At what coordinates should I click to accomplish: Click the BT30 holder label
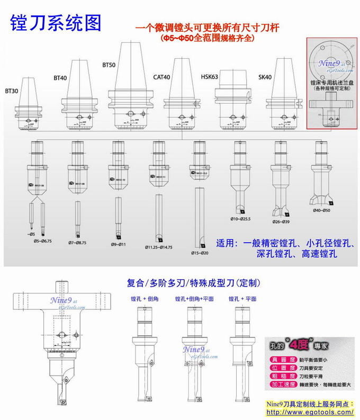click(12, 91)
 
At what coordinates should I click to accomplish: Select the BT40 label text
click(60, 78)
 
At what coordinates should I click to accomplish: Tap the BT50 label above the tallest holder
click(109, 65)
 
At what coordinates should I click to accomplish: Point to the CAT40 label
click(161, 77)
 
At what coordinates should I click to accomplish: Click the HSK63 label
click(210, 77)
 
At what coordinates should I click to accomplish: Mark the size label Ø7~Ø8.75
click(78, 242)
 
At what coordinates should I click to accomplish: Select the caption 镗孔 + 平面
click(242, 299)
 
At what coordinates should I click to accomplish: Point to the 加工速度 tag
click(283, 383)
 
